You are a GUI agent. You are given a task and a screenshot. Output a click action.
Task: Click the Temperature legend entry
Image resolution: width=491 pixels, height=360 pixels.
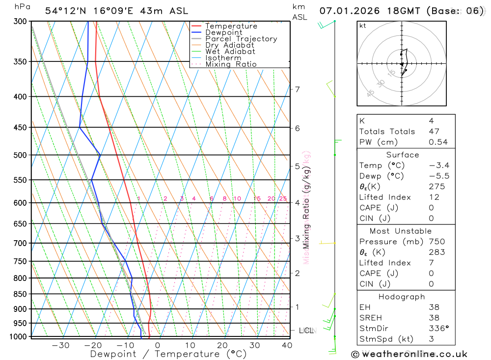tap(231, 26)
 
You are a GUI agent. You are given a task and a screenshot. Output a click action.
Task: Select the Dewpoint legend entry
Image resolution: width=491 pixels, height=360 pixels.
tap(224, 32)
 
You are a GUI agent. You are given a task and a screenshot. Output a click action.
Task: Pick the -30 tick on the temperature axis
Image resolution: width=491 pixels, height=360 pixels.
tap(60, 345)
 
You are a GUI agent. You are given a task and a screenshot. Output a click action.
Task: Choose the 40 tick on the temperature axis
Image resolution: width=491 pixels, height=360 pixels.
tap(287, 345)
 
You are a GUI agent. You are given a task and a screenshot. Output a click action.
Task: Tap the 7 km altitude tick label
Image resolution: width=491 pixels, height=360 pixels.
tap(298, 89)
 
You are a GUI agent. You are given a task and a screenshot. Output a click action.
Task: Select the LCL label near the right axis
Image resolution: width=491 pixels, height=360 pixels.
tap(306, 331)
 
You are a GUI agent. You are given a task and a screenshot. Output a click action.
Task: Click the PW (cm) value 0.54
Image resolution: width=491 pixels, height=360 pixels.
tap(438, 142)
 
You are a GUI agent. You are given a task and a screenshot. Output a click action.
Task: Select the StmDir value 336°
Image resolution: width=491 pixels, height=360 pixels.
tap(438, 328)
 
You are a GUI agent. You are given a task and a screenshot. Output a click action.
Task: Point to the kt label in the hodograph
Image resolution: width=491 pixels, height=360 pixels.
tap(362, 26)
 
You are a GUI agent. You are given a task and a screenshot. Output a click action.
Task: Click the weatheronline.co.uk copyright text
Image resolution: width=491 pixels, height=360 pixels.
tap(409, 354)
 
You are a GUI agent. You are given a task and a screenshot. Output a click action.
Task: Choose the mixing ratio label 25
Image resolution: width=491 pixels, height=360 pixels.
tap(283, 198)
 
